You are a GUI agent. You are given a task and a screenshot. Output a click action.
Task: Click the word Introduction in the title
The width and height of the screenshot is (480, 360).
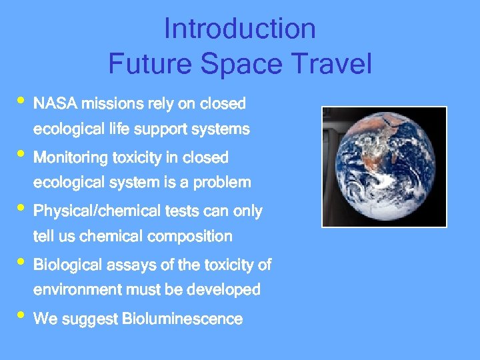(x=239, y=29)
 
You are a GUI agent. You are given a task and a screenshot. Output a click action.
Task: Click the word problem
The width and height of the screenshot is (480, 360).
(x=222, y=182)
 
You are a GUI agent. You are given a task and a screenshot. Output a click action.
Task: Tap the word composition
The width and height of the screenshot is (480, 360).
(x=190, y=236)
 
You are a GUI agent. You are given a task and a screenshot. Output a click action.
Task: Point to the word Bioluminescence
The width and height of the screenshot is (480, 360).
(x=182, y=319)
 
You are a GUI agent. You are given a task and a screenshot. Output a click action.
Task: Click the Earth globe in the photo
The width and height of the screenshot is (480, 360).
(x=383, y=167)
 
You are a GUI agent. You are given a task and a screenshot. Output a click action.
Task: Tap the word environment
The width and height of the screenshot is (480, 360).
(x=78, y=290)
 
